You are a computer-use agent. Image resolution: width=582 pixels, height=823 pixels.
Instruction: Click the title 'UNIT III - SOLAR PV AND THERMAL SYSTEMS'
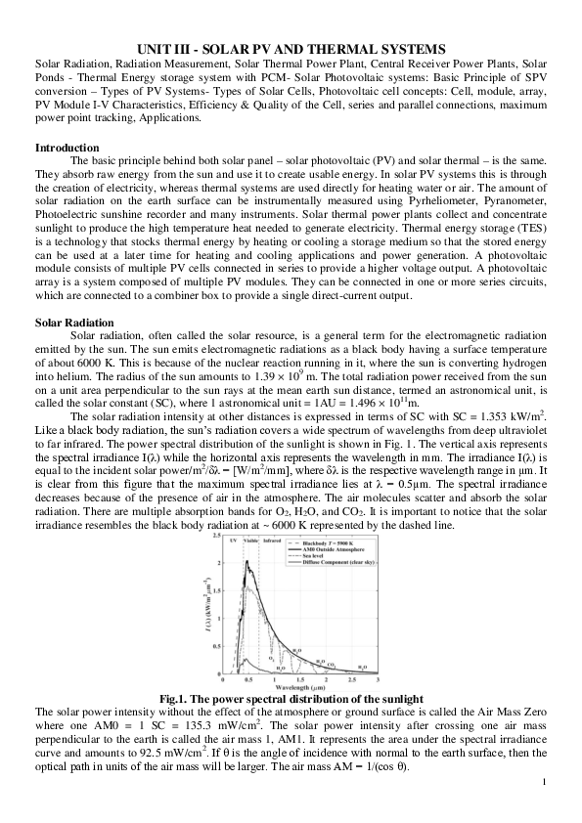coord(291,48)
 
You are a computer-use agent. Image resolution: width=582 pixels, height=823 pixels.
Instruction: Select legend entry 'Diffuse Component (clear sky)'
coord(339,563)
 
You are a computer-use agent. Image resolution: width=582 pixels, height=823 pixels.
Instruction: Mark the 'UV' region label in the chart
coord(231,540)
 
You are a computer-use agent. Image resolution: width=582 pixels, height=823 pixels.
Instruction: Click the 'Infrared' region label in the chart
coord(273,540)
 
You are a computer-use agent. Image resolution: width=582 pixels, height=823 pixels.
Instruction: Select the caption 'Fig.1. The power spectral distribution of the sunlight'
coord(291,698)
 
